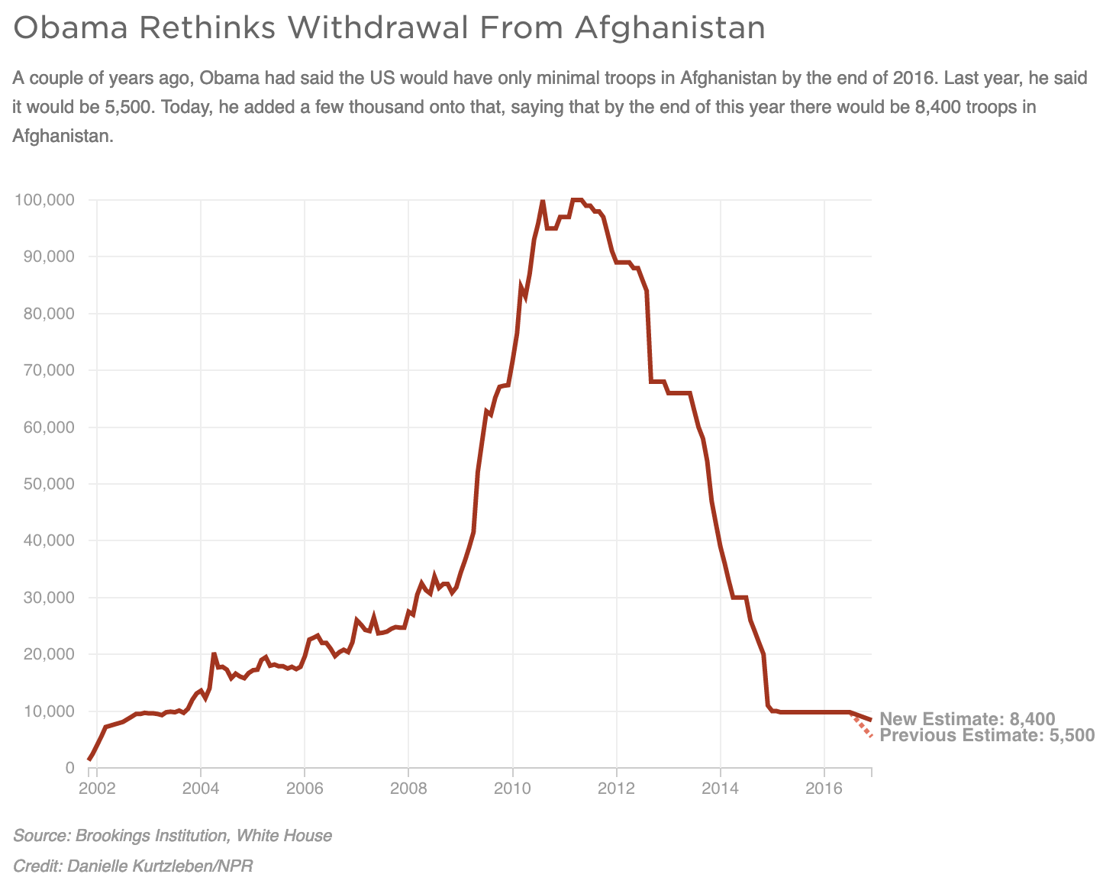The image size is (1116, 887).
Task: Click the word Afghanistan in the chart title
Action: coord(669,28)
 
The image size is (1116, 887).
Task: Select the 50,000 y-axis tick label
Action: coord(47,484)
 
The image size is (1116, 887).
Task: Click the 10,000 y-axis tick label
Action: coord(47,711)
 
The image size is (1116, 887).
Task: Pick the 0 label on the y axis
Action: coord(69,768)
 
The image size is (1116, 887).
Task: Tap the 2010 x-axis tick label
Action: coord(512,789)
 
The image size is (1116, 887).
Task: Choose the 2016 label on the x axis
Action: coord(824,789)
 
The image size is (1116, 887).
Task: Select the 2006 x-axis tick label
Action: coord(305,789)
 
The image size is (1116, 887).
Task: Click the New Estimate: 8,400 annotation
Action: coord(967,719)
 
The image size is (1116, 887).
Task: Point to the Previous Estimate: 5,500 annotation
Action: coord(987,736)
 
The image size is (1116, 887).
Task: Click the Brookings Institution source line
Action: coord(173,836)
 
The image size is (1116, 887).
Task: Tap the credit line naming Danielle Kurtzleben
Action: coord(133,866)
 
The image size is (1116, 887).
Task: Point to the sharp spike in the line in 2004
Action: coord(214,655)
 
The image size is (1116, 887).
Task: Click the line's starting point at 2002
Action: coord(89,760)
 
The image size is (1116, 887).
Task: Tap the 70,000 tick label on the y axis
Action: coord(47,370)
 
